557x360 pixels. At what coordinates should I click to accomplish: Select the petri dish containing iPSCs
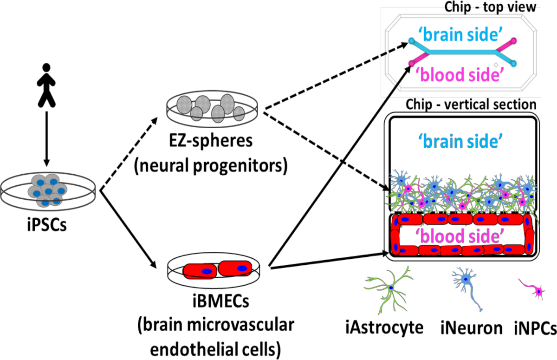(48, 190)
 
